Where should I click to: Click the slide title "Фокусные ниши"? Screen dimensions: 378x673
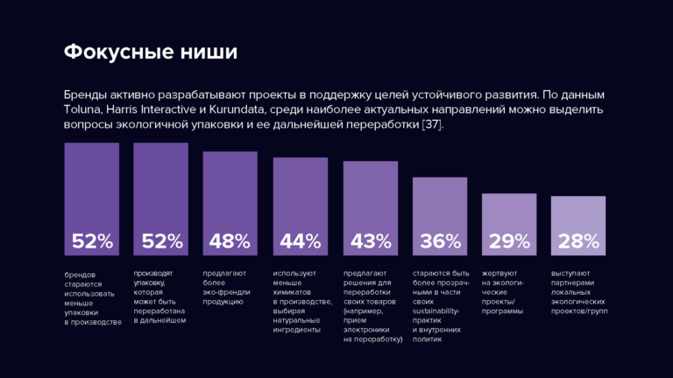click(x=151, y=52)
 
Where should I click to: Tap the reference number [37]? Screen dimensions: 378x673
click(x=432, y=125)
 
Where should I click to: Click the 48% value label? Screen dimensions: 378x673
click(x=230, y=241)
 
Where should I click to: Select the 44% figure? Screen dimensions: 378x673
click(x=301, y=241)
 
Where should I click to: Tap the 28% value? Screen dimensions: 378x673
click(x=578, y=241)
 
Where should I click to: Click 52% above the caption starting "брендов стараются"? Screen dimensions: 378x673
click(x=92, y=241)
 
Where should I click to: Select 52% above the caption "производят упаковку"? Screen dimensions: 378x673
click(x=161, y=241)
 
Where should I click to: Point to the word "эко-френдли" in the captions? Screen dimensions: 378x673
click(x=227, y=293)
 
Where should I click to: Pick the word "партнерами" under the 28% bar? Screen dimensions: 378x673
click(x=574, y=283)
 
